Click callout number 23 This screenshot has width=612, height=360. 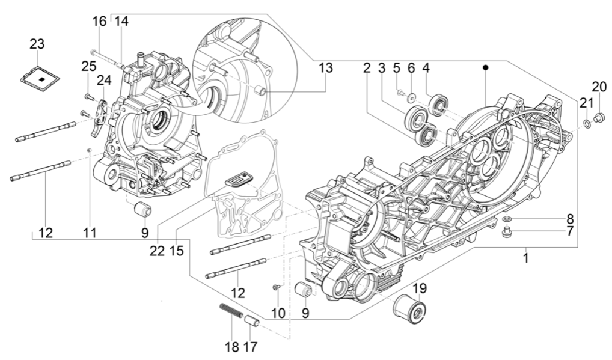tap(37, 44)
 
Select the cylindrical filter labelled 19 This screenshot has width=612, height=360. tap(409, 310)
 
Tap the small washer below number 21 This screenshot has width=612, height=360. tap(586, 124)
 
